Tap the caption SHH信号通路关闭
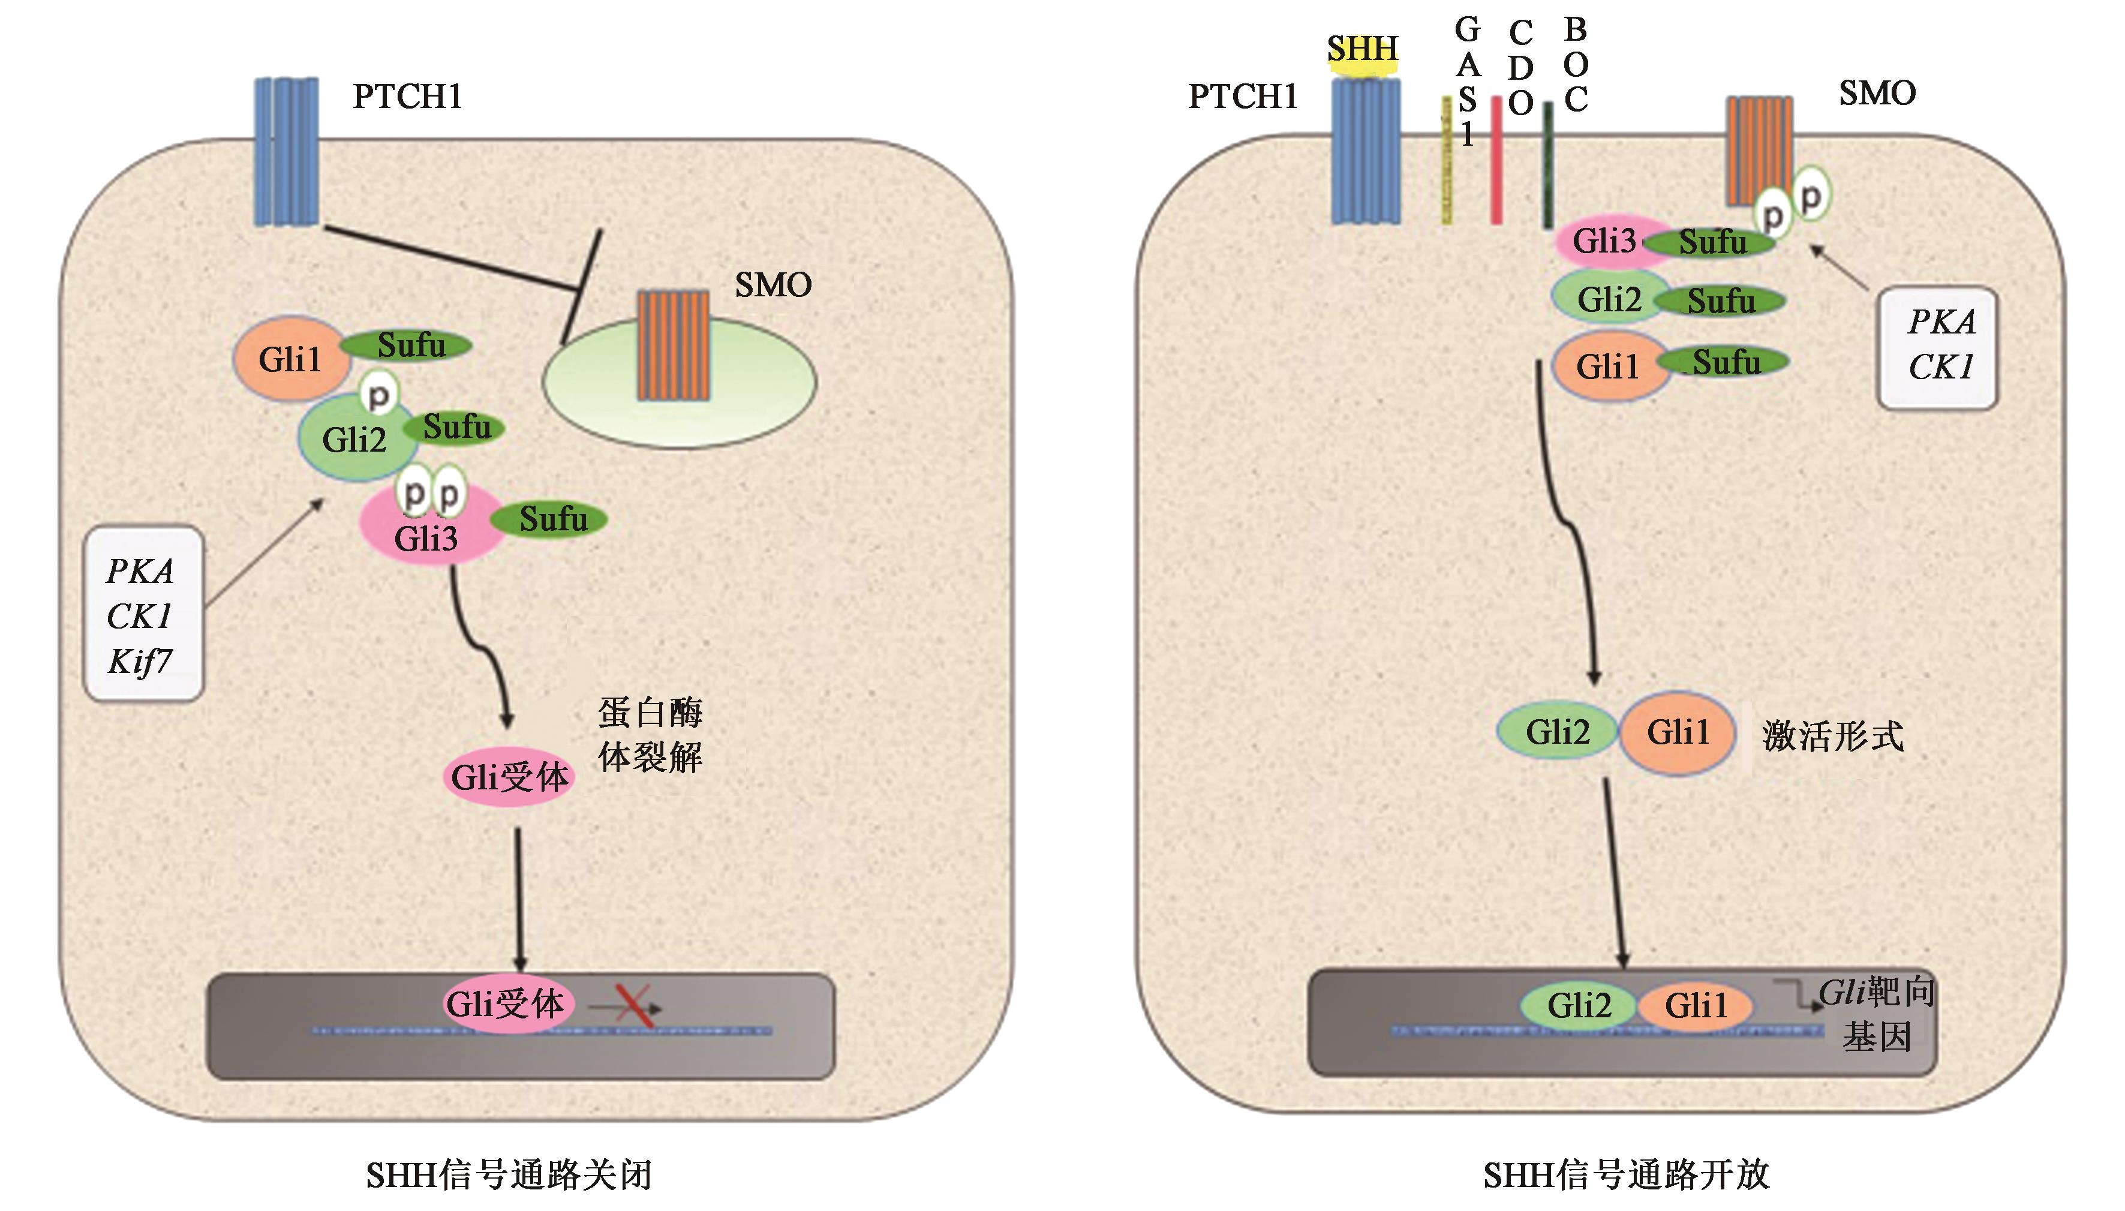(509, 1175)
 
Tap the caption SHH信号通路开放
(1626, 1175)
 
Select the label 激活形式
(1832, 736)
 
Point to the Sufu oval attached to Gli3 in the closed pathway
(551, 520)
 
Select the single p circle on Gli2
(379, 396)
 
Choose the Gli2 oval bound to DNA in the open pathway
(1579, 1005)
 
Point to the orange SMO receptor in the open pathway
(1759, 150)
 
